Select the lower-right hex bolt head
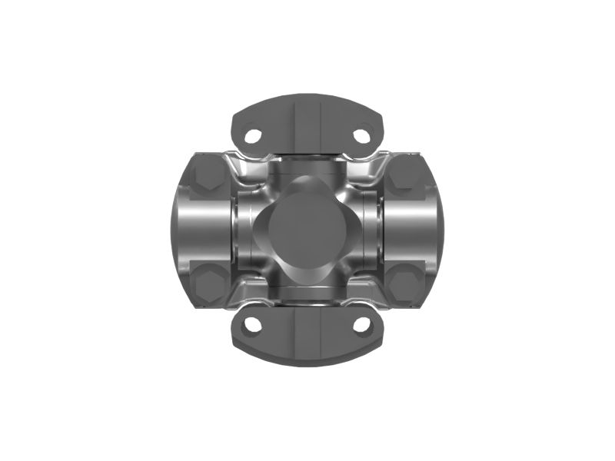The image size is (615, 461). tap(404, 285)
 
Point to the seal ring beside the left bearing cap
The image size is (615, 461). tap(241, 230)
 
